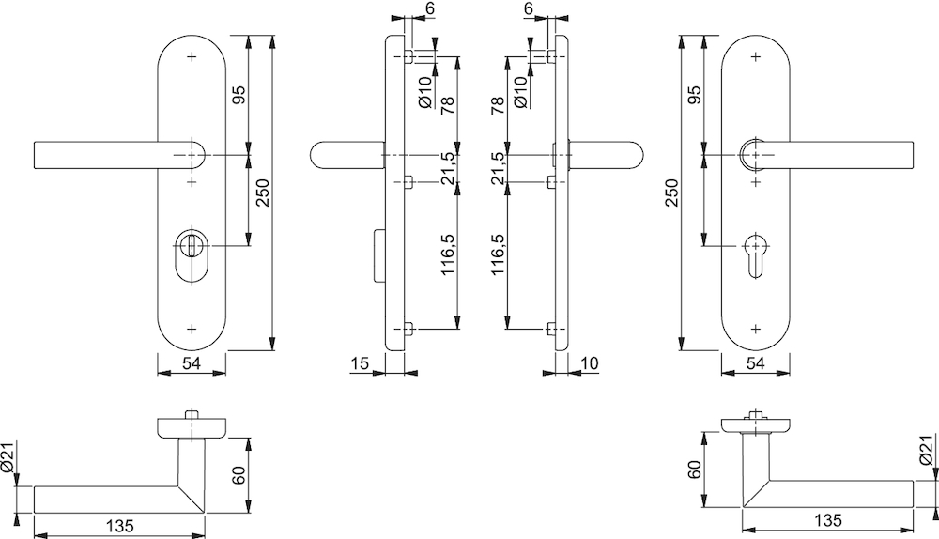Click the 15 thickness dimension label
pyautogui.click(x=360, y=362)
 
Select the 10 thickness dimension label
pyautogui.click(x=590, y=362)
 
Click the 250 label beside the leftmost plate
pyautogui.click(x=264, y=192)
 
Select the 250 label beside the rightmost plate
pyautogui.click(x=672, y=192)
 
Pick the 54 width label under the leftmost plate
pyautogui.click(x=191, y=362)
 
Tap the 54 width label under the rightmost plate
pyautogui.click(x=756, y=362)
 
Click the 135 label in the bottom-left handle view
pyautogui.click(x=120, y=526)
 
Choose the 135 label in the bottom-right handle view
pyautogui.click(x=828, y=520)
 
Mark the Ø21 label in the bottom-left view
pyautogui.click(x=8, y=457)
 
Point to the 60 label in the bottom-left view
pyautogui.click(x=239, y=475)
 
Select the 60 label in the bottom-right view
pyautogui.click(x=695, y=470)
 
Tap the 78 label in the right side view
pyautogui.click(x=498, y=105)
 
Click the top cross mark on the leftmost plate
pyautogui.click(x=192, y=57)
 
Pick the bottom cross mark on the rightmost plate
pyautogui.click(x=756, y=329)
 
